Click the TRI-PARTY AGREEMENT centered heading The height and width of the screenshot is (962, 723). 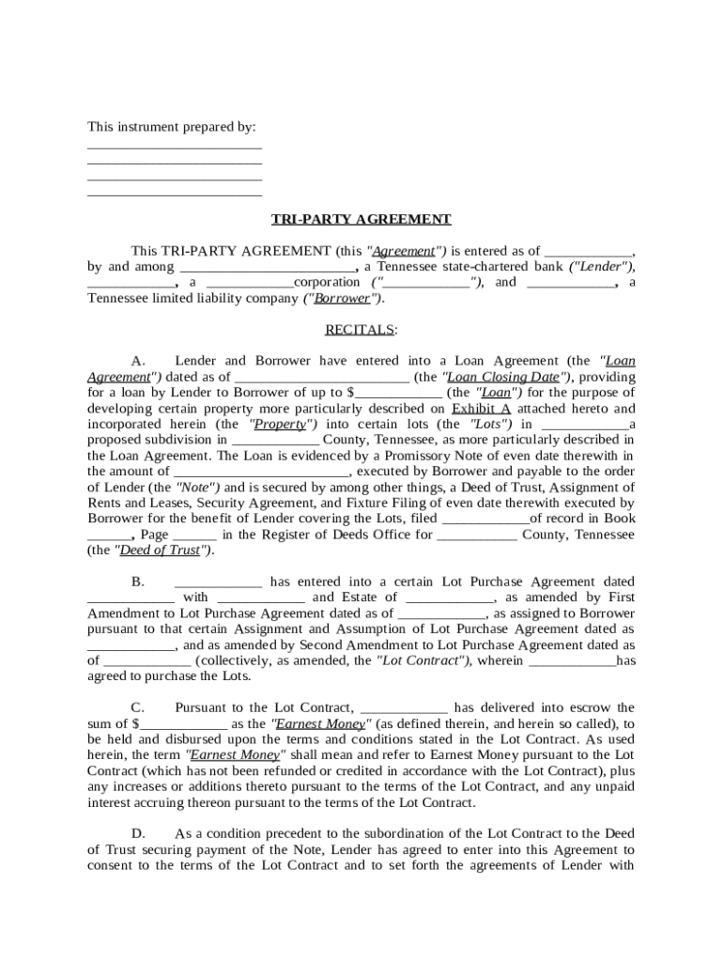point(361,220)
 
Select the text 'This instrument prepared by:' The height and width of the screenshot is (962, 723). point(172,127)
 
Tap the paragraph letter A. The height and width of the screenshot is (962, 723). point(139,361)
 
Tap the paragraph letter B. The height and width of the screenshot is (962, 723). point(138,582)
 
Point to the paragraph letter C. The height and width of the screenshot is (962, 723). point(138,707)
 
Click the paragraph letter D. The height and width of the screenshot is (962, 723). point(138,833)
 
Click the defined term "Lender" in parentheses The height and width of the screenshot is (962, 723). point(602,267)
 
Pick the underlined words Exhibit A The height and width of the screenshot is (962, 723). point(481,409)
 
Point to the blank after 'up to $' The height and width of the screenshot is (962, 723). point(399,393)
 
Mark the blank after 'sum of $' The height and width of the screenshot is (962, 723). point(184,724)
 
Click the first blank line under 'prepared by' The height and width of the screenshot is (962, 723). point(174,147)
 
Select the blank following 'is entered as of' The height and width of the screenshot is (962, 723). point(589,252)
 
